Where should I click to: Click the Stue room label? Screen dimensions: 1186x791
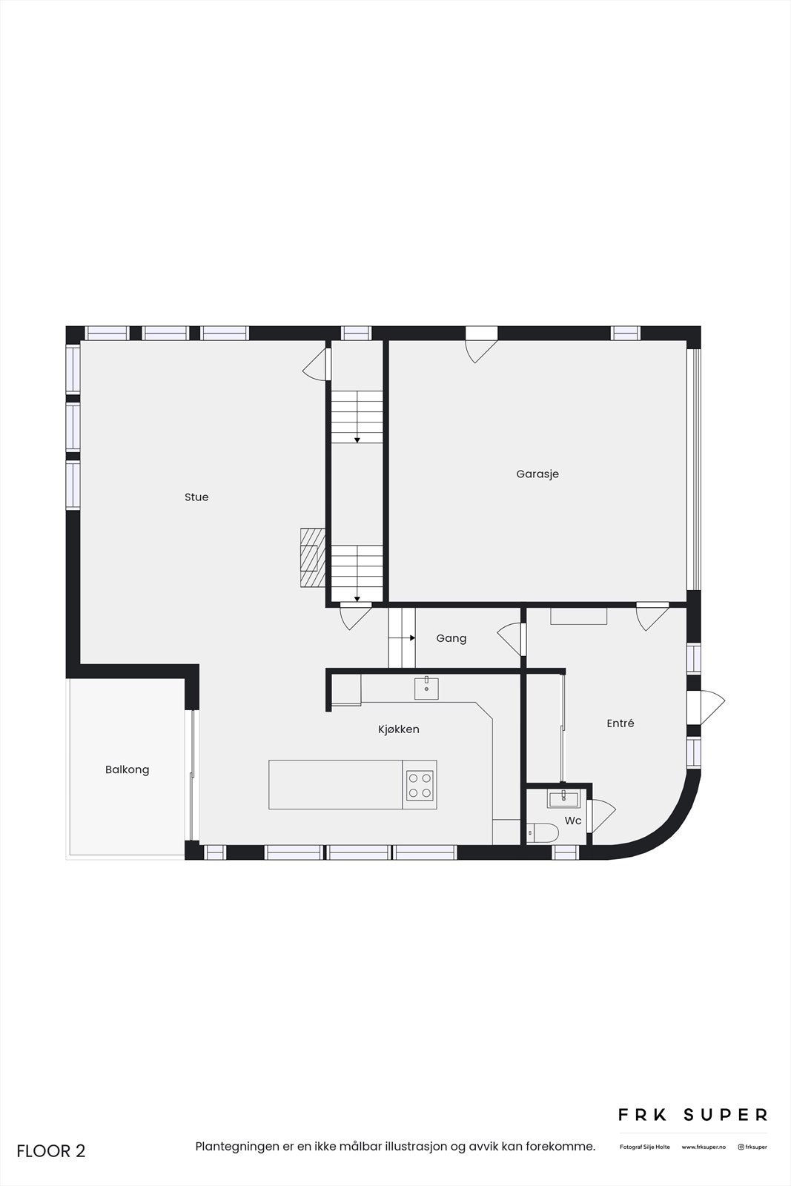[196, 497]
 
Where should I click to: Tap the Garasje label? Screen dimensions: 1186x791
[537, 474]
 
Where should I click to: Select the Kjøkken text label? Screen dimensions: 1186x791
[399, 729]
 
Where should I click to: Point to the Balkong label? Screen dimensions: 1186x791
[128, 769]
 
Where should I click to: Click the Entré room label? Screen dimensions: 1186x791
[620, 723]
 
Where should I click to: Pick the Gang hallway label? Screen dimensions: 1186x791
[451, 638]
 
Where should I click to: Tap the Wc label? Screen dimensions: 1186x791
[573, 821]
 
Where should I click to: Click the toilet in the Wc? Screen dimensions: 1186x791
[543, 833]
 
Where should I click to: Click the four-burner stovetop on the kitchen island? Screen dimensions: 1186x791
[420, 785]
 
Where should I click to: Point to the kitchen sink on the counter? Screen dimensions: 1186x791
[426, 689]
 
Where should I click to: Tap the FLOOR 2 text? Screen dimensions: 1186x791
[51, 1151]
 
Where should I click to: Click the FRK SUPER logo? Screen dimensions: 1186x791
[693, 1115]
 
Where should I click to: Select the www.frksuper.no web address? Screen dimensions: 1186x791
[704, 1147]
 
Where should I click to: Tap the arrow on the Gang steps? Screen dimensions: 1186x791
[411, 637]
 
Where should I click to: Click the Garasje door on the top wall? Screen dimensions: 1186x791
[480, 345]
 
